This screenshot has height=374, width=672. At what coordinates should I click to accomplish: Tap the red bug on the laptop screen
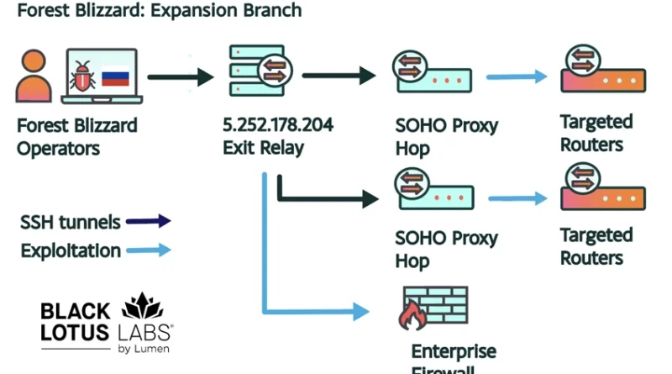click(x=82, y=76)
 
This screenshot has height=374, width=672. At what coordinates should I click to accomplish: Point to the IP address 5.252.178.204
click(x=277, y=125)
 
